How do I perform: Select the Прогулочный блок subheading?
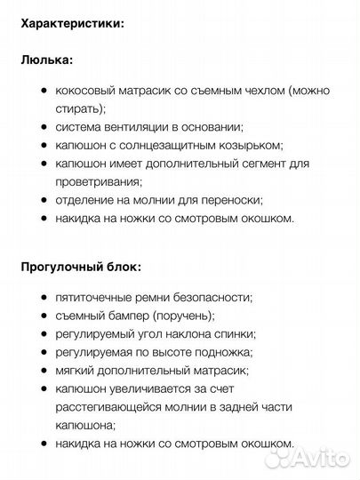[80, 266]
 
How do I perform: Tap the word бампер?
[127, 316]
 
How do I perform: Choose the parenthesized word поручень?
[184, 316]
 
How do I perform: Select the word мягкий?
[76, 371]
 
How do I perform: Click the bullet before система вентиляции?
[44, 127]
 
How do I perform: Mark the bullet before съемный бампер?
[44, 316]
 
